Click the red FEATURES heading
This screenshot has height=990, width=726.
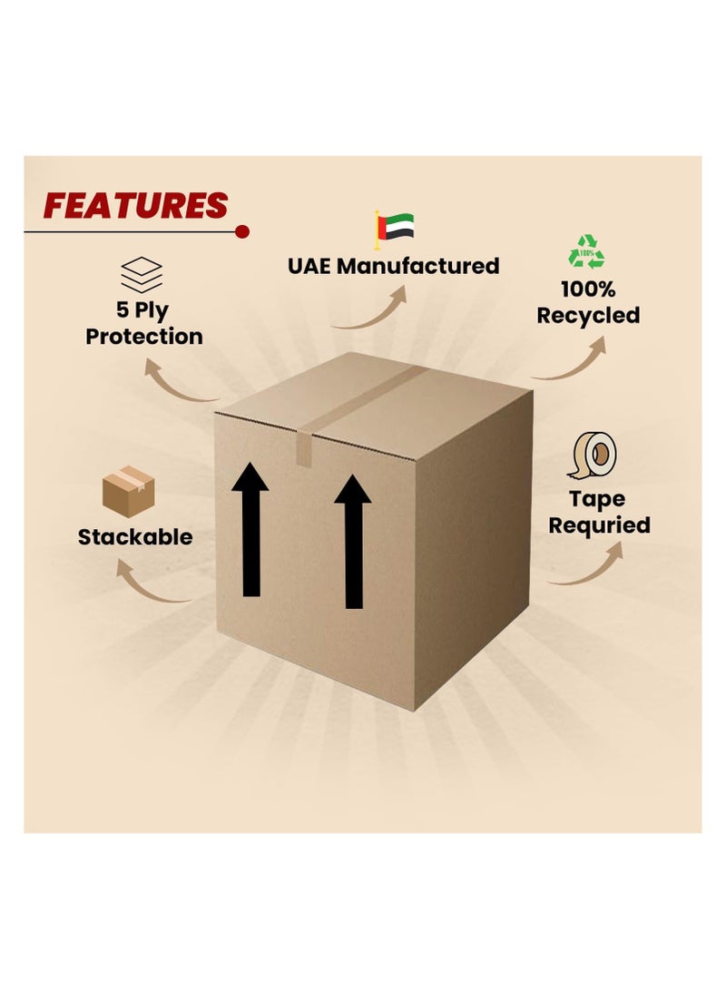point(136,206)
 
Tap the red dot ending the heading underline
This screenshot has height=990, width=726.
point(241,231)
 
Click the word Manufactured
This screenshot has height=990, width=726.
point(418,266)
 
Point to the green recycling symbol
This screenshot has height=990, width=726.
point(587,251)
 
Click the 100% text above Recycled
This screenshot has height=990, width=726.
point(588,289)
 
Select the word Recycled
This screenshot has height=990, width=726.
point(588,315)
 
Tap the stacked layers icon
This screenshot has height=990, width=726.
point(142,275)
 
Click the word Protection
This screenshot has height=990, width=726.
point(144,337)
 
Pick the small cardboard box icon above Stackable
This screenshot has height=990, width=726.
point(129,492)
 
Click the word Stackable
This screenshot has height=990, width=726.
point(135,537)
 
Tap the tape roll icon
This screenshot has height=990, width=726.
point(593,456)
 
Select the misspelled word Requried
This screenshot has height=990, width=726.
point(599,525)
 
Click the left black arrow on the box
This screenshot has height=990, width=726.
point(250,529)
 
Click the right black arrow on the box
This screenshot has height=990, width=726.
point(354,542)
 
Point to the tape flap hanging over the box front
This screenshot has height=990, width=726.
point(304,447)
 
